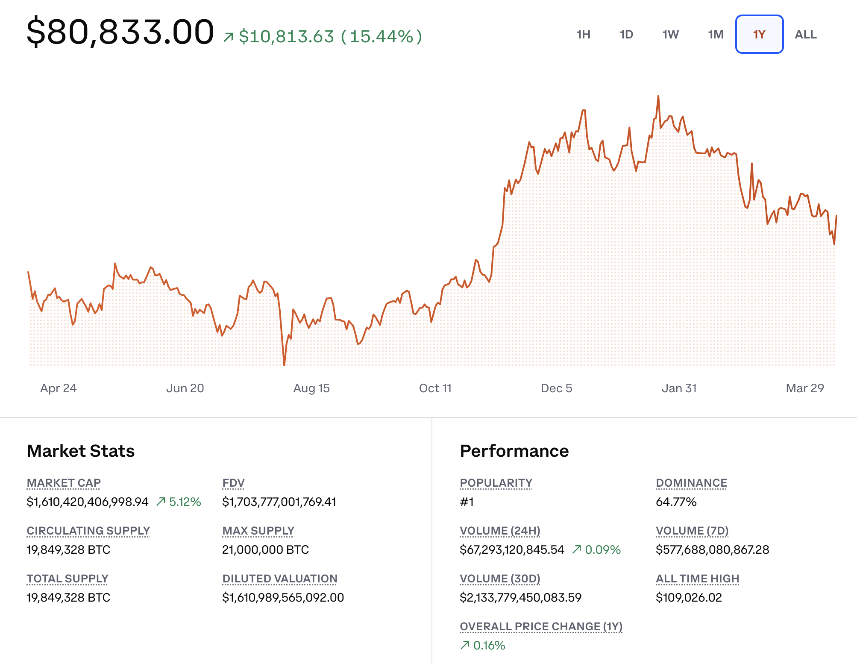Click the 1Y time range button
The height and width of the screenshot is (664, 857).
point(759,34)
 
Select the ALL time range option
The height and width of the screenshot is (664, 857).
point(805,34)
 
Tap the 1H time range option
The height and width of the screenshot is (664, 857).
point(583,34)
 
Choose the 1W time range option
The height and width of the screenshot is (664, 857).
point(670,34)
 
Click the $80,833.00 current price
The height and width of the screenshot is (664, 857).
point(120,32)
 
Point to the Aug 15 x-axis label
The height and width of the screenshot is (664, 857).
point(311,388)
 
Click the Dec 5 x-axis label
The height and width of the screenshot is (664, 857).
point(556,388)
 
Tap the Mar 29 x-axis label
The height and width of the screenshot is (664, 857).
point(805,388)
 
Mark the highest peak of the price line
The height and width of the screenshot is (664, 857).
point(658,96)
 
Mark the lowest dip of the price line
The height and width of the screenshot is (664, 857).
point(285,364)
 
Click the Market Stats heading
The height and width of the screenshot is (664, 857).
point(81,451)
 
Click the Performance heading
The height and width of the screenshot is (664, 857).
point(514,451)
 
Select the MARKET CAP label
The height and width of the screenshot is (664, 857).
point(64,483)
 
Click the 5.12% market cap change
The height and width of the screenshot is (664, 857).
point(185,502)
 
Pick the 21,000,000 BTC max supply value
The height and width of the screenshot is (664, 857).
point(265,549)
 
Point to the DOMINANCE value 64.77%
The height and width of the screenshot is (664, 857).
point(676,502)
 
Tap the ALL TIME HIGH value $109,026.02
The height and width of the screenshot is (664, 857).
point(689,597)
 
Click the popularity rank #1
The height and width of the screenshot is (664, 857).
point(467,502)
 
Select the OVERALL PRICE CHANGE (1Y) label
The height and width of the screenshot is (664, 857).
point(541,626)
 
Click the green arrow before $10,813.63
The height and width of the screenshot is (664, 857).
point(229,38)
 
